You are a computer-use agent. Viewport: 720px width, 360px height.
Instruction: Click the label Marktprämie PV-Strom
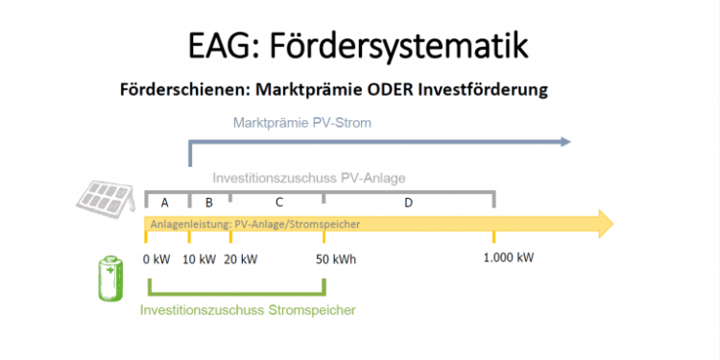tap(301, 123)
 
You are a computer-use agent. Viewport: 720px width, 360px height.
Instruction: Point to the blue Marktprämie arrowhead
tap(563, 142)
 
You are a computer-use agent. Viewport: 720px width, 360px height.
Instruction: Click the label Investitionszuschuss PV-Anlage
tap(309, 179)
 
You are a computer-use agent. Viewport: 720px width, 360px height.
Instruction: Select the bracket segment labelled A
tap(165, 202)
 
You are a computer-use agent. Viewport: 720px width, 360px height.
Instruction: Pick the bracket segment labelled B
tap(209, 202)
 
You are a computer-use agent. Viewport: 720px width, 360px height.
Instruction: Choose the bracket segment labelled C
tap(278, 202)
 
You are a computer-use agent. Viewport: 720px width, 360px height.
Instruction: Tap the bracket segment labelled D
tap(409, 202)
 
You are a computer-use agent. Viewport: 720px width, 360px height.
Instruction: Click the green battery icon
tap(112, 278)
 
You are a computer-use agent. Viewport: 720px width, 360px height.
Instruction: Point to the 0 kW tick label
tap(156, 258)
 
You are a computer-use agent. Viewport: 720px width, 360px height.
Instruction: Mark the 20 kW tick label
tap(242, 258)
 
